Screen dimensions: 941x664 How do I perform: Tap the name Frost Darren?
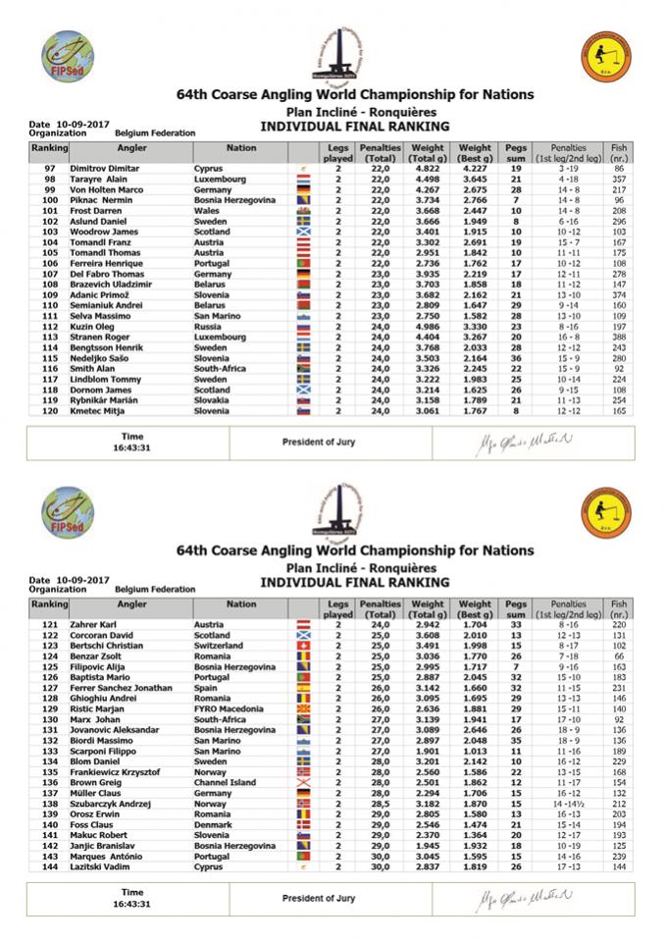(93, 211)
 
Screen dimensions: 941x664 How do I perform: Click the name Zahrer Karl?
(92, 624)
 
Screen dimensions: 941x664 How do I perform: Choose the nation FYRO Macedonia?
(229, 706)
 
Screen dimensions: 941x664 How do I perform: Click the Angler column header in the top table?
(131, 148)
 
